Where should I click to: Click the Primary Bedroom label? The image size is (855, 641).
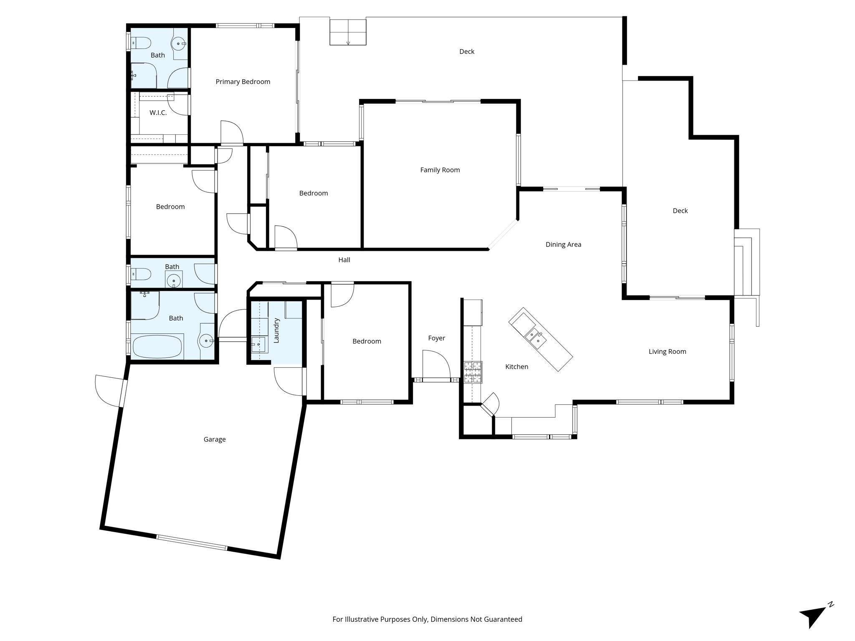click(x=243, y=82)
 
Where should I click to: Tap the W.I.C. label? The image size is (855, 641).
click(x=158, y=113)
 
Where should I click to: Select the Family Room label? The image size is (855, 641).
click(x=440, y=170)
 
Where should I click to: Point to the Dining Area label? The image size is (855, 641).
click(x=563, y=245)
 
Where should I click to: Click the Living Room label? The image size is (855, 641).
click(x=667, y=352)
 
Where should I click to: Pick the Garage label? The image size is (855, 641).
click(x=215, y=439)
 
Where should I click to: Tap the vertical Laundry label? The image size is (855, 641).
click(x=276, y=331)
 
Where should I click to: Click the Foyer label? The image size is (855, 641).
click(x=437, y=338)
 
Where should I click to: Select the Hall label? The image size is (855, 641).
click(x=344, y=260)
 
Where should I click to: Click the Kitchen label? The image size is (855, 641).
click(x=517, y=367)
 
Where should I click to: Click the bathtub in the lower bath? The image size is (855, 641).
click(x=157, y=346)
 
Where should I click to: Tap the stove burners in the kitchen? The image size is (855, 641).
click(x=473, y=372)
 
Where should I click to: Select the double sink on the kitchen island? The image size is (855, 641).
click(x=535, y=338)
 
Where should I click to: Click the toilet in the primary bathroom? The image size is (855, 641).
click(x=141, y=43)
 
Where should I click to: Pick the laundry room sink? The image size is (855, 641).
click(x=258, y=345)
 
